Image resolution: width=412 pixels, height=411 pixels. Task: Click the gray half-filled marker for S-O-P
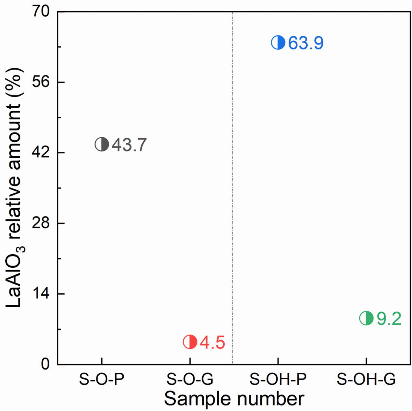[102, 144]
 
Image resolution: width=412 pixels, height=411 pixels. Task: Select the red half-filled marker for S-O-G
[190, 342]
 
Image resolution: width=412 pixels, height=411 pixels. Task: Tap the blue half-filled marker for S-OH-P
[278, 43]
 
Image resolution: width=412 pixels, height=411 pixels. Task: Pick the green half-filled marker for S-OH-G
[366, 318]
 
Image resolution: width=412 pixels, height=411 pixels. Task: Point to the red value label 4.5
[212, 343]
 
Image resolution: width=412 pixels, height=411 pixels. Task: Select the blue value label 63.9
[306, 43]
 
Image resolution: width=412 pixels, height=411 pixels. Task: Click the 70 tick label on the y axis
[41, 12]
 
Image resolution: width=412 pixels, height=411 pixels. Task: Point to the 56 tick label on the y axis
[41, 82]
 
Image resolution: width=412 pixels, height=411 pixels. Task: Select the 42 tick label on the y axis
[41, 153]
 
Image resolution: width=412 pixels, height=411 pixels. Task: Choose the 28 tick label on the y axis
[41, 223]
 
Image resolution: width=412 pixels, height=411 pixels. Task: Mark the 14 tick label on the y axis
[41, 294]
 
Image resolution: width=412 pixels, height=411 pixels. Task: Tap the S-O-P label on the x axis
[102, 380]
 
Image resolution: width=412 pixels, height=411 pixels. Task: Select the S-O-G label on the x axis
[190, 380]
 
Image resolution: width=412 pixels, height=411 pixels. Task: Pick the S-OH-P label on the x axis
[278, 380]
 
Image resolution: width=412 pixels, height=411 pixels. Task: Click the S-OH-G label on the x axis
[366, 380]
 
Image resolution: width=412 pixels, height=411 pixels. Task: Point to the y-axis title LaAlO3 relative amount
[14, 187]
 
